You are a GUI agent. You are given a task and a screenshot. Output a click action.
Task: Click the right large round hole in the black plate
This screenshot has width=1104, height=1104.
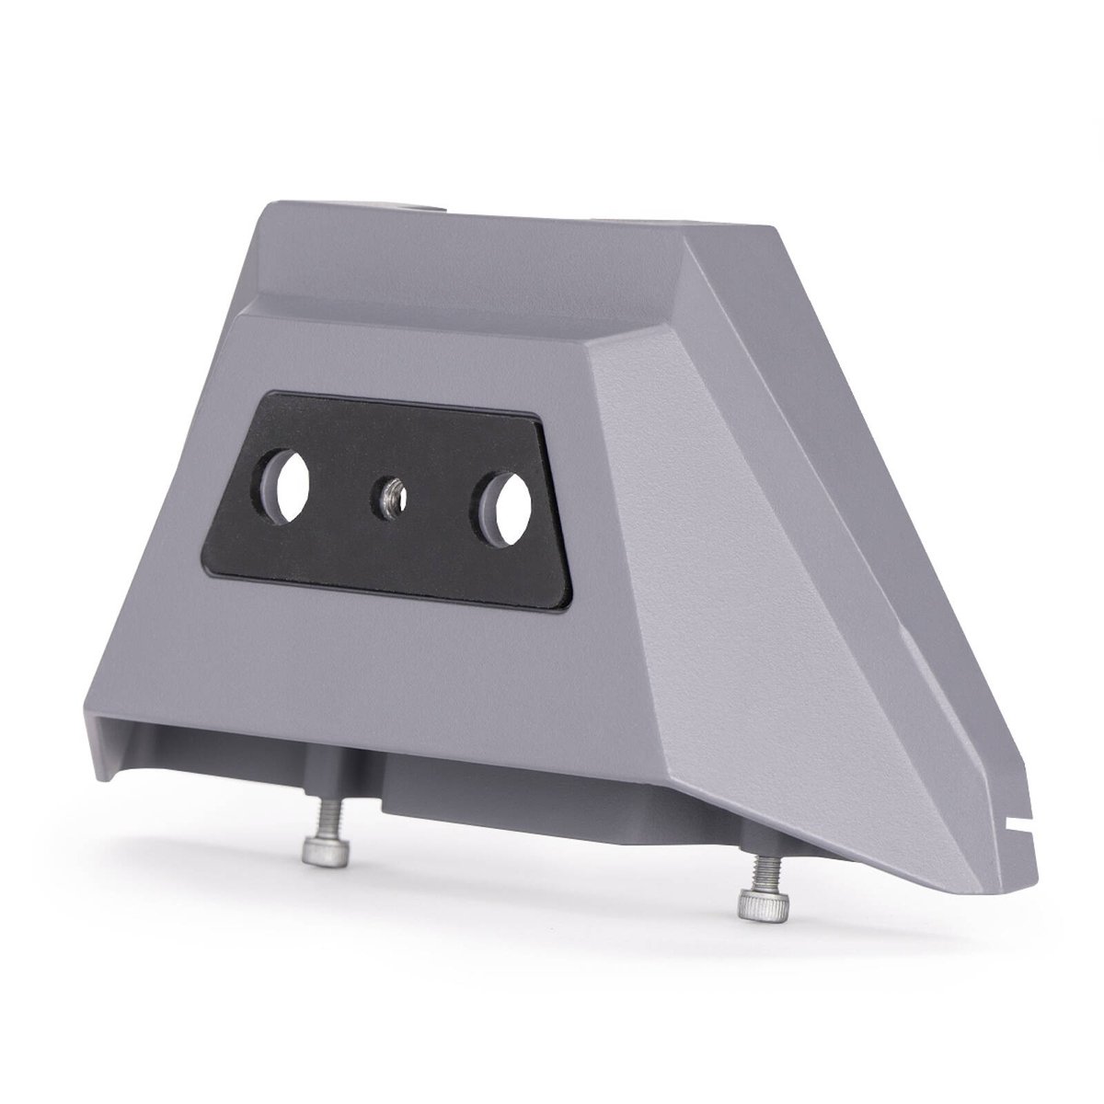[x=502, y=496]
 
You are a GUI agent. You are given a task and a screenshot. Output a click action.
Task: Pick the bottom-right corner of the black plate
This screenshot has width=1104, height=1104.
[x=572, y=607]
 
